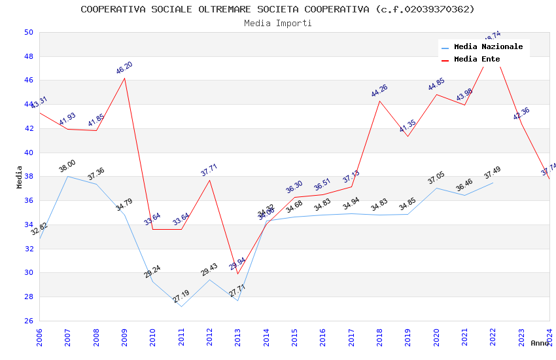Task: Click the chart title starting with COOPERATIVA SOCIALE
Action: coord(277,9)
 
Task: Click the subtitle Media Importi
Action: coord(277,23)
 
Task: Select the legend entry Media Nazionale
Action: coord(488,47)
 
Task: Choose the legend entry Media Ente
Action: coord(477,60)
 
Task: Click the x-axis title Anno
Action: coord(540,343)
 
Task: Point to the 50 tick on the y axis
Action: coord(28,32)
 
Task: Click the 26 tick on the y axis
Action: coord(28,321)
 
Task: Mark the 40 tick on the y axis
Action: coord(28,153)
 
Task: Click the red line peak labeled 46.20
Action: coord(124,78)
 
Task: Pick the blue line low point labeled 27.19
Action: coord(181,306)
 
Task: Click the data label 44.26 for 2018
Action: coord(379,91)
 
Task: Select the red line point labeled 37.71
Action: coord(209,180)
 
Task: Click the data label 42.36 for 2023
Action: coord(521,113)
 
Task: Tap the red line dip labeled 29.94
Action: coord(238,274)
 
